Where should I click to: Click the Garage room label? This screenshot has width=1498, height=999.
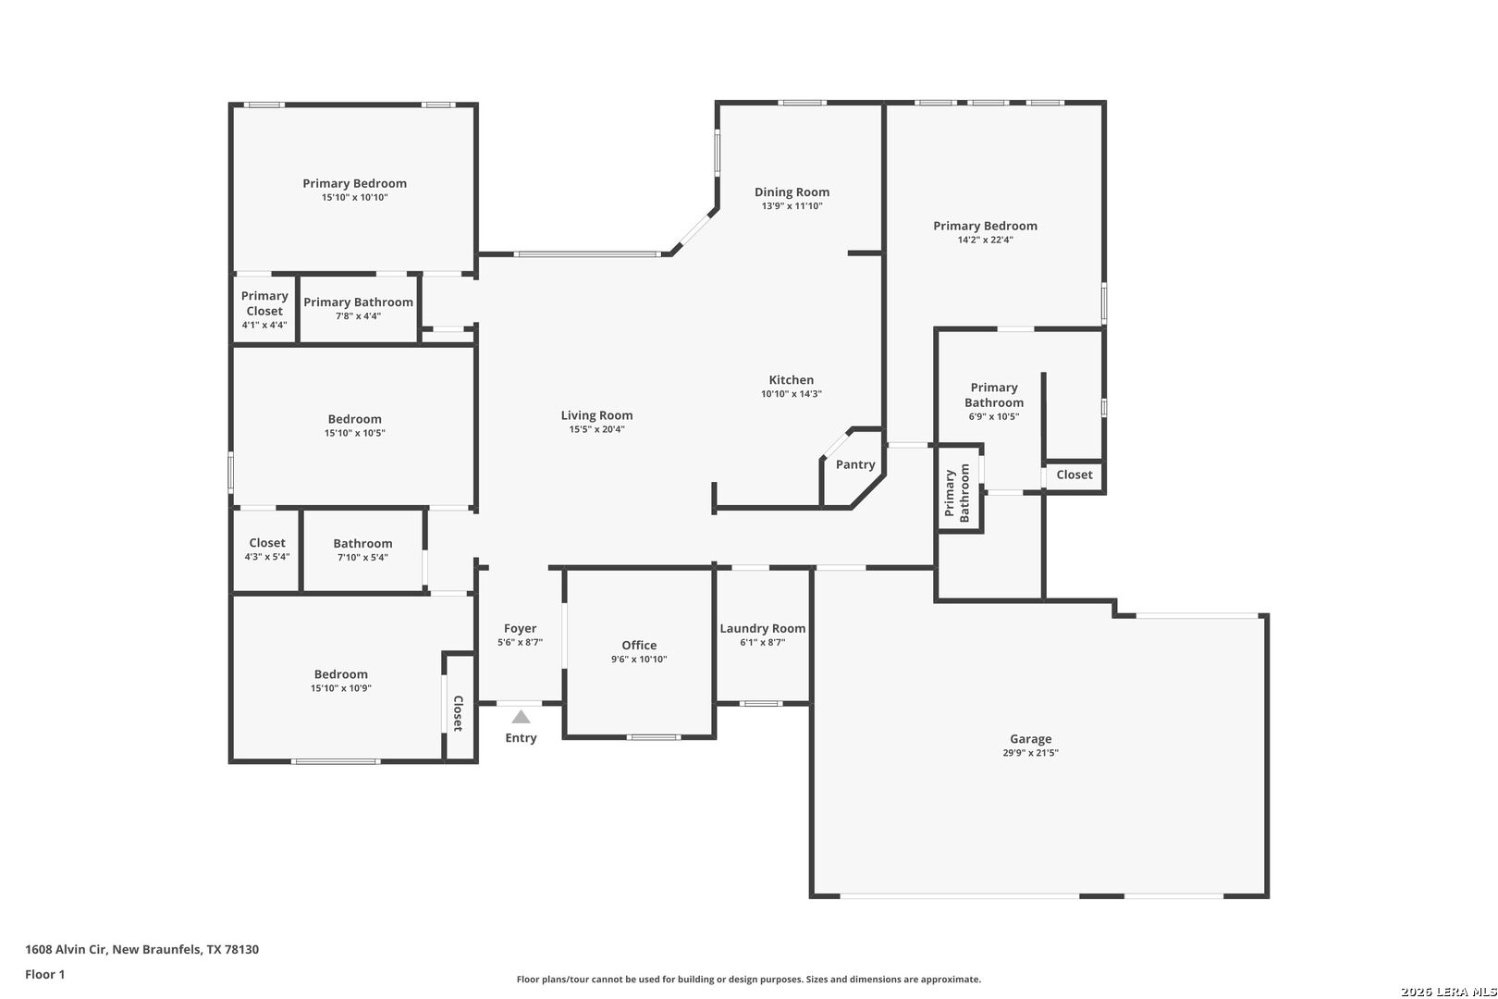tap(1030, 739)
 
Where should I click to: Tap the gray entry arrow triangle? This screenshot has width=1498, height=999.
tap(521, 717)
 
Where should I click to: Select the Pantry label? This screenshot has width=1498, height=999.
tap(855, 464)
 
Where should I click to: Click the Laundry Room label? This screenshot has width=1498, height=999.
tap(762, 628)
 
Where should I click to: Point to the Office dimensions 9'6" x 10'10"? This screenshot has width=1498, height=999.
tap(639, 660)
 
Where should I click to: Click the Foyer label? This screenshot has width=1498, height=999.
tap(521, 628)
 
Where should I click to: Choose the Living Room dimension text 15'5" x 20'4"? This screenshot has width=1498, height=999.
tap(596, 429)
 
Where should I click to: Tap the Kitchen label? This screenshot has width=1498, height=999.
tap(792, 379)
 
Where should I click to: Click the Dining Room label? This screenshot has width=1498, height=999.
tap(792, 192)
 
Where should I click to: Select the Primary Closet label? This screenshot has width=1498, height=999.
tap(264, 303)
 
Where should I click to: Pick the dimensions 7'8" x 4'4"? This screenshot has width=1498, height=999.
tap(359, 315)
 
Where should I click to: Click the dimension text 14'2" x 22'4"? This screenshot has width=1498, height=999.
tap(985, 240)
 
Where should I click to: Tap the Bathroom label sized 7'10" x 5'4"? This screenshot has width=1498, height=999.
tap(362, 543)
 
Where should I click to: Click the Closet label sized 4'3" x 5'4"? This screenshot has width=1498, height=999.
tap(267, 543)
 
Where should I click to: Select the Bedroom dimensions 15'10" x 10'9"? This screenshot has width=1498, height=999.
tap(341, 688)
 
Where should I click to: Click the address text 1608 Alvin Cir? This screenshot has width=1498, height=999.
tap(67, 949)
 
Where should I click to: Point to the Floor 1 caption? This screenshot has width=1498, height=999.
tap(44, 974)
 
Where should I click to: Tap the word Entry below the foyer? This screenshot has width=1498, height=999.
tap(521, 737)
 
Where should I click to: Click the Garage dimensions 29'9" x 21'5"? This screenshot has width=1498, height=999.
tap(1030, 753)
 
